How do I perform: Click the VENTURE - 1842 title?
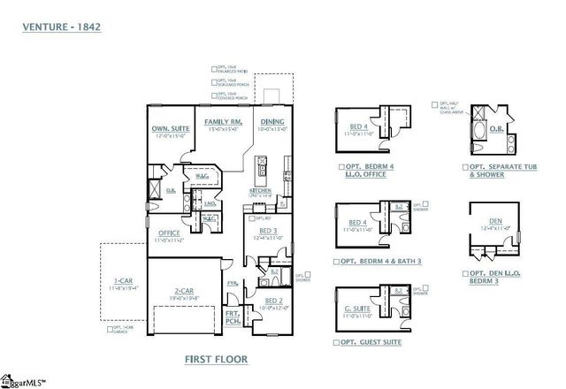click(x=61, y=27)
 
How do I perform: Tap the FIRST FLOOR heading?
click(x=216, y=359)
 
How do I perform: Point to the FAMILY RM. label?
click(x=224, y=121)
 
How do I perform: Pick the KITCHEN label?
click(x=259, y=189)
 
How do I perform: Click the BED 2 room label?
click(x=275, y=301)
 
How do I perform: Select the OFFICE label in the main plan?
click(x=169, y=233)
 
